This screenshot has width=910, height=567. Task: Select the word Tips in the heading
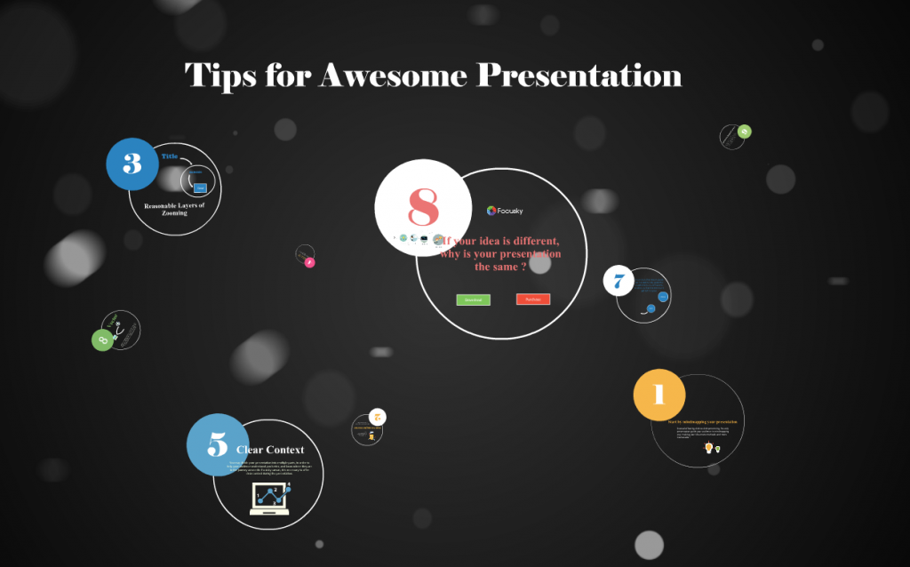[219, 76]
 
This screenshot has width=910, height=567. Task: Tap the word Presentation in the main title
[579, 76]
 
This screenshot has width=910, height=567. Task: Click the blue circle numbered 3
[132, 164]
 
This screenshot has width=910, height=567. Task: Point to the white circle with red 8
[422, 206]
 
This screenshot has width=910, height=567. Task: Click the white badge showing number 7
[619, 282]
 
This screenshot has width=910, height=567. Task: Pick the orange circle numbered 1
[659, 395]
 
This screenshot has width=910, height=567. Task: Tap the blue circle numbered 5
[218, 444]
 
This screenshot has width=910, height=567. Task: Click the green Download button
[473, 299]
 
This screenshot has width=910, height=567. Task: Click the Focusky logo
[505, 211]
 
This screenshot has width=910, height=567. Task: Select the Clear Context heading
[270, 450]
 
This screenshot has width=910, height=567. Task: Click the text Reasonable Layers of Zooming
[174, 209]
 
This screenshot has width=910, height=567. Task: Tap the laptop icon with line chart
[270, 499]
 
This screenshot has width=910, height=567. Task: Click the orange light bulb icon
[708, 447]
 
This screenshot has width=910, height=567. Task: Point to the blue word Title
[169, 156]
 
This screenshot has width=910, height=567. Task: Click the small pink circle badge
[309, 262]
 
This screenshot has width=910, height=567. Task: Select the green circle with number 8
[102, 339]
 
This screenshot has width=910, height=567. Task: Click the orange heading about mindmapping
[702, 421]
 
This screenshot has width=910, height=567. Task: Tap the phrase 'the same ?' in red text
[500, 267]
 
